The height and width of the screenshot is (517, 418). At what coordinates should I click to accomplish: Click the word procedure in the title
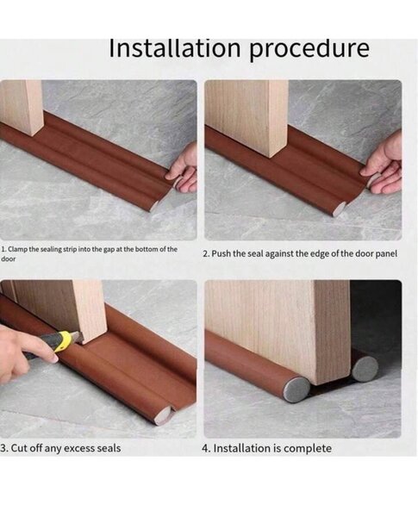pos(309,48)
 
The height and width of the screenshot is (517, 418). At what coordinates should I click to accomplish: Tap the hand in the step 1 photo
pos(184,168)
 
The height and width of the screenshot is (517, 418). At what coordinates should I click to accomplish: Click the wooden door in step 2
pos(253,116)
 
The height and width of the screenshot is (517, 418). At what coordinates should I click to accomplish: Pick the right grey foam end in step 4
pos(365,369)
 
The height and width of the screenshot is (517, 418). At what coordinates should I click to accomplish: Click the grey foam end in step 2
pos(340,207)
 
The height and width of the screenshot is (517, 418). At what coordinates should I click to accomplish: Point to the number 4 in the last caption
pos(205,448)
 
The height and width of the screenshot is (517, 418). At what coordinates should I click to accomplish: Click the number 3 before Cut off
pos(3,448)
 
